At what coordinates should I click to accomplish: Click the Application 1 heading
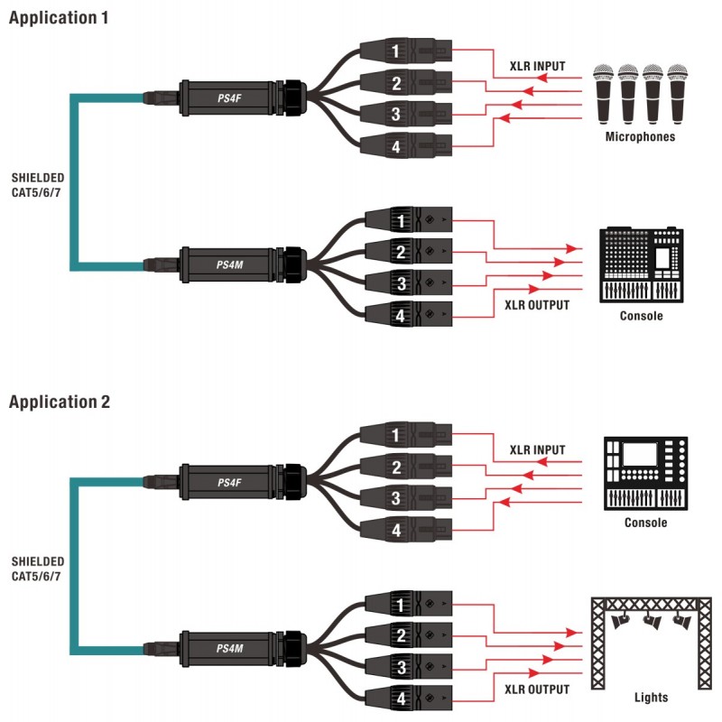(x=59, y=17)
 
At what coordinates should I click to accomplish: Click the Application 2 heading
(x=60, y=402)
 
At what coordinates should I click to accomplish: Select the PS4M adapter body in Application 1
(x=226, y=264)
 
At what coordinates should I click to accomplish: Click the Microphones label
(x=640, y=137)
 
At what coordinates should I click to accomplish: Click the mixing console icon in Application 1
(x=641, y=264)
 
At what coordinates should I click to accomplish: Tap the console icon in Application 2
(x=645, y=475)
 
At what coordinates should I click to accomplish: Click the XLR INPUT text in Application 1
(x=537, y=65)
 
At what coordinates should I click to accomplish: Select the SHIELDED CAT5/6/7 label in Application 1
(x=37, y=185)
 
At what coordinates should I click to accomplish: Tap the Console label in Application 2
(x=645, y=523)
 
